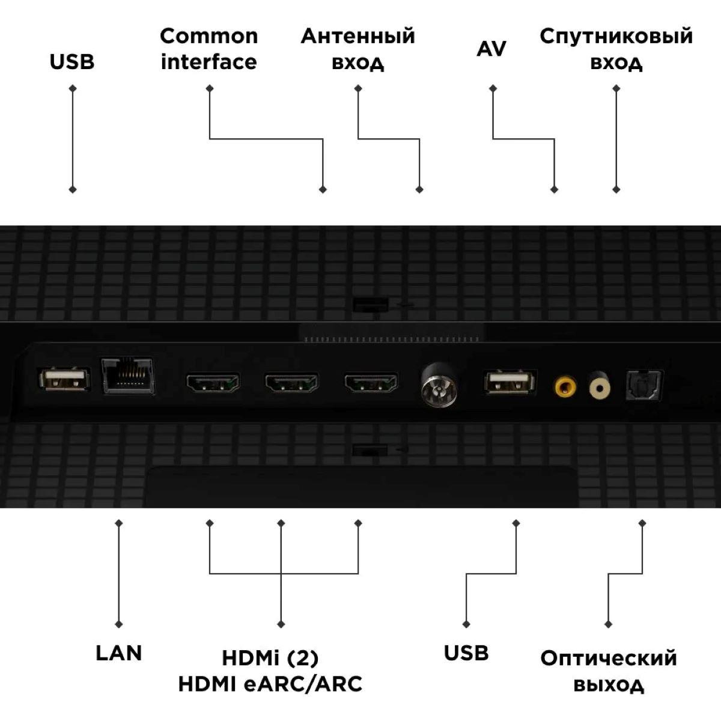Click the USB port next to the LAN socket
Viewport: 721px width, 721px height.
pyautogui.click(x=64, y=379)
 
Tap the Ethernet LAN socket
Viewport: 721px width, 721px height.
pyautogui.click(x=127, y=376)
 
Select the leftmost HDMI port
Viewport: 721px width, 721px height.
pyautogui.click(x=213, y=383)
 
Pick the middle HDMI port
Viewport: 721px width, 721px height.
pyautogui.click(x=291, y=383)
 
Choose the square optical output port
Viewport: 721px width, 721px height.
pyautogui.click(x=643, y=385)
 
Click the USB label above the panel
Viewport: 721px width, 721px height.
pyautogui.click(x=72, y=62)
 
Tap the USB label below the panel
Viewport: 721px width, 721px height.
pyautogui.click(x=466, y=653)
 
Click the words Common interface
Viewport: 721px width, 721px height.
pyautogui.click(x=208, y=49)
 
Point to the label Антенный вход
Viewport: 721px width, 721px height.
pyautogui.click(x=358, y=49)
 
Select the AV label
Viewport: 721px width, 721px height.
pyautogui.click(x=491, y=49)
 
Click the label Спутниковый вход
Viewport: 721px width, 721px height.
pyautogui.click(x=616, y=49)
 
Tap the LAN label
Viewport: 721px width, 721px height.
pyautogui.click(x=118, y=653)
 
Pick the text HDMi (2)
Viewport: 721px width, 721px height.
pyautogui.click(x=270, y=658)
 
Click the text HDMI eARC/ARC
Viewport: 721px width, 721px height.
pyautogui.click(x=270, y=684)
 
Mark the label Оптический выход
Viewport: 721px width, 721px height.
pyautogui.click(x=608, y=671)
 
